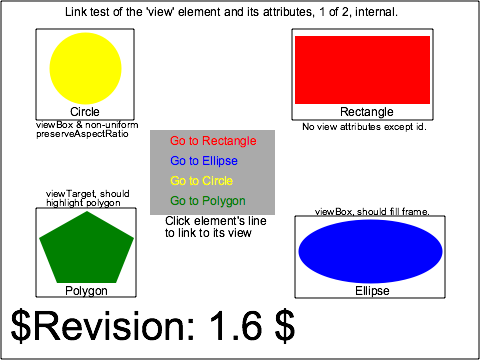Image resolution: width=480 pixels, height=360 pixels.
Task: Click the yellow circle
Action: tap(86, 68)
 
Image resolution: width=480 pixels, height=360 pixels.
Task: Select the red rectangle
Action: tap(362, 70)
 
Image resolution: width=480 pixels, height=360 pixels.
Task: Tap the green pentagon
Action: tap(86, 250)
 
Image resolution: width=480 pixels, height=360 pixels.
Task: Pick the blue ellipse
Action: tap(371, 251)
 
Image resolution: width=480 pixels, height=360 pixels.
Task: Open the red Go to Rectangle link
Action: tap(213, 141)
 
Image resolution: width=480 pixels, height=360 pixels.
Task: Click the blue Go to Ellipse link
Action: tap(204, 161)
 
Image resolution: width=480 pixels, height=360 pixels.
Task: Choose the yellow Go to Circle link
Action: tap(201, 181)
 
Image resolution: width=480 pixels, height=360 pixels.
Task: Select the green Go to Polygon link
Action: tap(207, 201)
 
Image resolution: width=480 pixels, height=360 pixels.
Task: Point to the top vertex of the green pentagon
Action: tap(87, 211)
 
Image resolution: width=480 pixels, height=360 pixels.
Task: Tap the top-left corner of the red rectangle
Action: tap(295, 36)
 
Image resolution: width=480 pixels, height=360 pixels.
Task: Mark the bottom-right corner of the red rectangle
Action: tap(429, 103)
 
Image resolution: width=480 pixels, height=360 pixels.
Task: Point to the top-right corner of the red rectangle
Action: tap(429, 36)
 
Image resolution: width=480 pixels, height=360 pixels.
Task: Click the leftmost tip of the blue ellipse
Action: tap(298, 251)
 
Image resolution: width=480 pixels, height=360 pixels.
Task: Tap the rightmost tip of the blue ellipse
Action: tap(443, 251)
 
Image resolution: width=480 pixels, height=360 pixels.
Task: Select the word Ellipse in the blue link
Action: tap(219, 161)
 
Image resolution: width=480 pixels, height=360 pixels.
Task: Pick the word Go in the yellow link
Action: tap(178, 181)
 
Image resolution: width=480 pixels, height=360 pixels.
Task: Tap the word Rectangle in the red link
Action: tap(228, 141)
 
